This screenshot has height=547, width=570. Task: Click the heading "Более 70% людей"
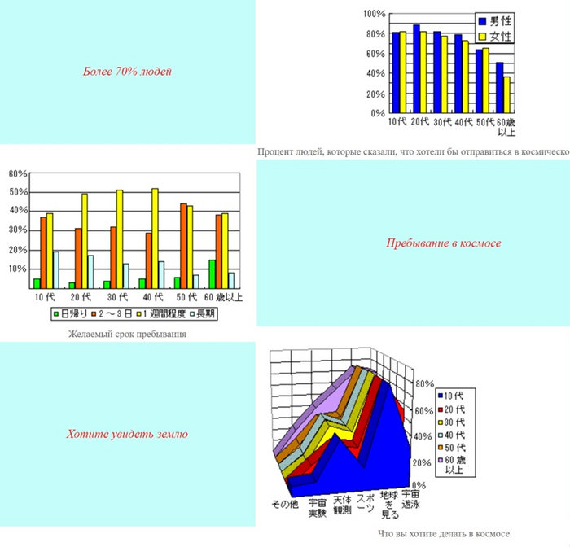(127, 72)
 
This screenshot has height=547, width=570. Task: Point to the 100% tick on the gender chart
(375, 14)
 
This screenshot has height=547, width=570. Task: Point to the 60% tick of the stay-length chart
(18, 173)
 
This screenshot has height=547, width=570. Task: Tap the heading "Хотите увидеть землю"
(127, 434)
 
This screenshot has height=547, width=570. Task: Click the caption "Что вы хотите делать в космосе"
(444, 534)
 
